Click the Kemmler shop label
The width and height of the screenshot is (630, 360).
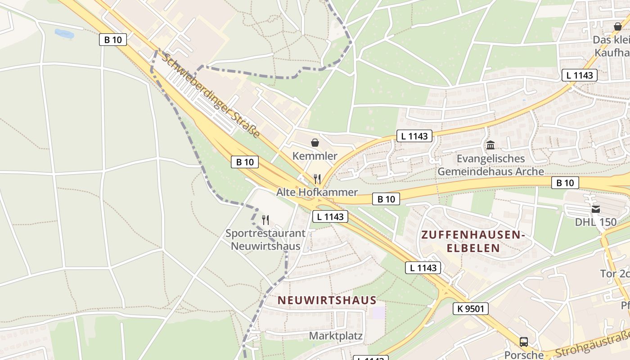coord(315,156)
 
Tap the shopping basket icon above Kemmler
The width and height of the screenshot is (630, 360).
coord(315,143)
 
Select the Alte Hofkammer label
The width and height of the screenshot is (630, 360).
coord(317,192)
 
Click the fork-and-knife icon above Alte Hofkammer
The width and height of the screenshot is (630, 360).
coord(317,179)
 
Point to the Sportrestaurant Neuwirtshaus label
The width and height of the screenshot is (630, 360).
coord(265,240)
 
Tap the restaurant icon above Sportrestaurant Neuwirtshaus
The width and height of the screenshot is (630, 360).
coord(265,220)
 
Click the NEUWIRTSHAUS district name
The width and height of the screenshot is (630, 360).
coord(327,300)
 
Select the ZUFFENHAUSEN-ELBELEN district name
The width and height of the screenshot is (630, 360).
coord(473,241)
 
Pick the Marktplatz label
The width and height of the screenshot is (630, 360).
coord(336,336)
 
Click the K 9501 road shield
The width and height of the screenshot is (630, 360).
coord(471,308)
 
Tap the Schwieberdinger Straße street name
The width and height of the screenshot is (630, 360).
coord(211,95)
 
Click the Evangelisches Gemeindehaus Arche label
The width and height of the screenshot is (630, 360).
coord(490,165)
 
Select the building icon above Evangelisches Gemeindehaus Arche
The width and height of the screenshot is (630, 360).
coord(490,145)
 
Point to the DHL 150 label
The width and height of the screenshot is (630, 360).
coord(595,222)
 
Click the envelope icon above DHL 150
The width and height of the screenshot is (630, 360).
coord(596,209)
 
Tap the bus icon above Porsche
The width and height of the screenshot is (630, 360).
coord(524,342)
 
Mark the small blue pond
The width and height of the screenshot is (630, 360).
coord(64,33)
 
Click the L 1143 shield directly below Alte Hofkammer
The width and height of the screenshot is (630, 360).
coord(330,216)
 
